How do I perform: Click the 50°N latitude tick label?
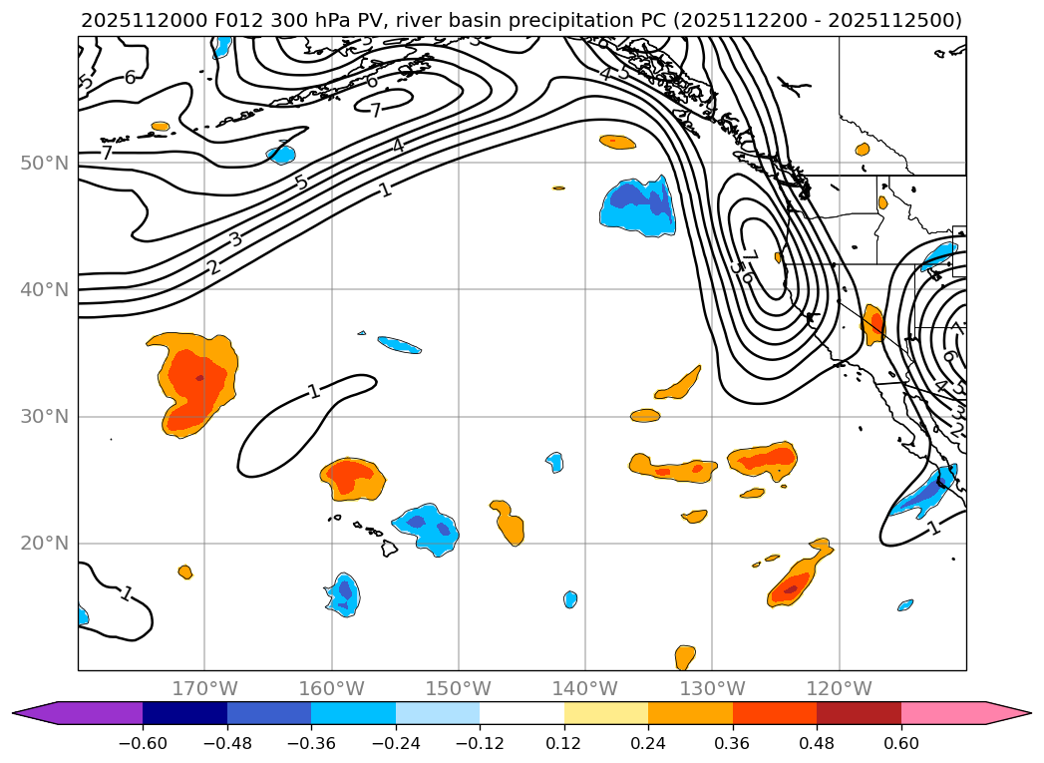(x=44, y=163)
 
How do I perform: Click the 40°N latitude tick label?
(x=44, y=289)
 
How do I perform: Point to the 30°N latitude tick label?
(x=44, y=416)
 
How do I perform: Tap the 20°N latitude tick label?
(x=44, y=544)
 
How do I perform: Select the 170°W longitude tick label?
(x=204, y=688)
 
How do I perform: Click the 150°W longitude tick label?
(x=459, y=688)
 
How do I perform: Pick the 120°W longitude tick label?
(x=839, y=688)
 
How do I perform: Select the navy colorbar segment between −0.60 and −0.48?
(x=184, y=712)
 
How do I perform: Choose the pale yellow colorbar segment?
(x=606, y=712)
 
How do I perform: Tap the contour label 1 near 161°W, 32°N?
(x=314, y=391)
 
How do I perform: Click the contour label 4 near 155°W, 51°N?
(x=397, y=147)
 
